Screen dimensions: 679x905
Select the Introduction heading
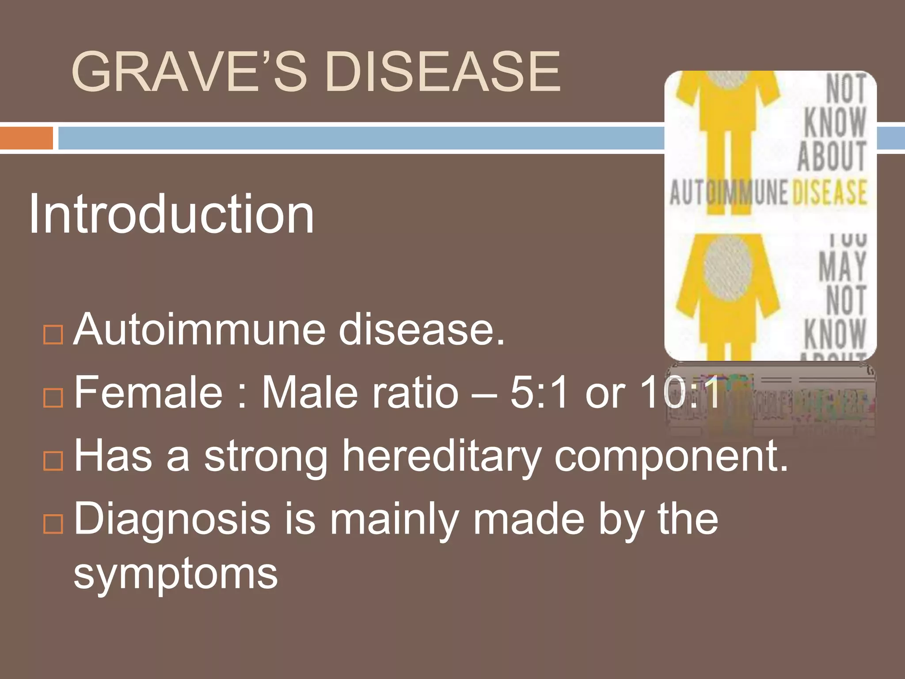(x=171, y=215)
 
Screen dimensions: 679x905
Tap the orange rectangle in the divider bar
(x=26, y=138)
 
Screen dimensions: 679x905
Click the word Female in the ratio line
(x=148, y=393)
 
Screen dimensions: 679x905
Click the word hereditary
(x=442, y=456)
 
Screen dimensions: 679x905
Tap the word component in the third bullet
(x=671, y=456)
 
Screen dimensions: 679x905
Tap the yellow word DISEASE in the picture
(x=829, y=193)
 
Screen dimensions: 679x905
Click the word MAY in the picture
(x=842, y=266)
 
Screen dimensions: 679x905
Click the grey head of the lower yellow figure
(x=727, y=269)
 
